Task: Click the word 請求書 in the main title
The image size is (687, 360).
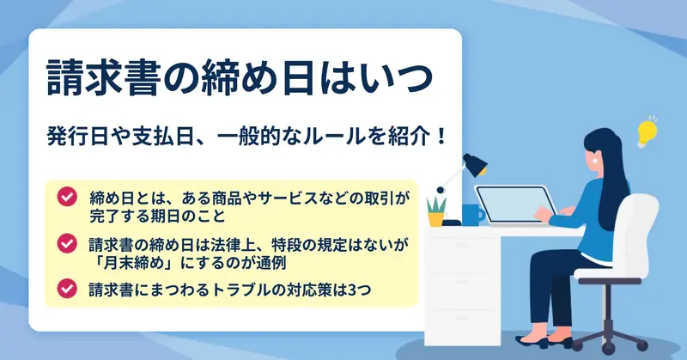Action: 102,79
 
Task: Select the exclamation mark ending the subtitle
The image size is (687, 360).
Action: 441,137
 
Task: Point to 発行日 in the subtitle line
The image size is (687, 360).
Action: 77,137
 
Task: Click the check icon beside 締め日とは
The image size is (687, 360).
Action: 67,197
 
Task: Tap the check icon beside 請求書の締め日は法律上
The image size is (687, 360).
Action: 67,243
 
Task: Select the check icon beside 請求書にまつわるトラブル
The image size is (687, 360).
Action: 67,288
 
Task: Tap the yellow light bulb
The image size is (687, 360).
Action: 647,132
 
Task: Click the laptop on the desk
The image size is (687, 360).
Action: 515,205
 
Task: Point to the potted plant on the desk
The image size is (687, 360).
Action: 436,212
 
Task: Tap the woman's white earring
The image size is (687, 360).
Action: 595,160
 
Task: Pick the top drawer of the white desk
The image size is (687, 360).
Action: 462,245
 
